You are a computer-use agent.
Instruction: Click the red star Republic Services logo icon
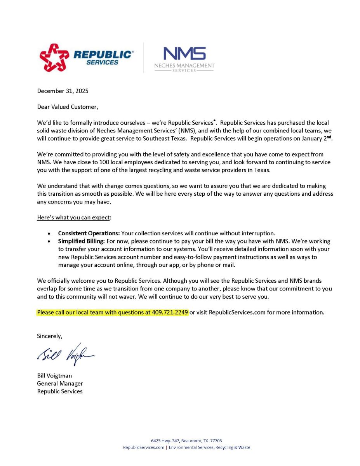[54, 57]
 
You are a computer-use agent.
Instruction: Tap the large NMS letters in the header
[184, 54]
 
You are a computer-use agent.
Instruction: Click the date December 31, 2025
[63, 91]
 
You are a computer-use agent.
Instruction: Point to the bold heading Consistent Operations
[89, 233]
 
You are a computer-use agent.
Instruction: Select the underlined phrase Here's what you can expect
[73, 217]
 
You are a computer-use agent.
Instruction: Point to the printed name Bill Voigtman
[54, 376]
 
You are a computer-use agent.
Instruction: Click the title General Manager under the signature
[60, 383]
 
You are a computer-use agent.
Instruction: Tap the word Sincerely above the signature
[49, 336]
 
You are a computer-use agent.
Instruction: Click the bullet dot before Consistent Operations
[49, 234]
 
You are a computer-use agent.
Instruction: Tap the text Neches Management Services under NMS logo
[184, 67]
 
